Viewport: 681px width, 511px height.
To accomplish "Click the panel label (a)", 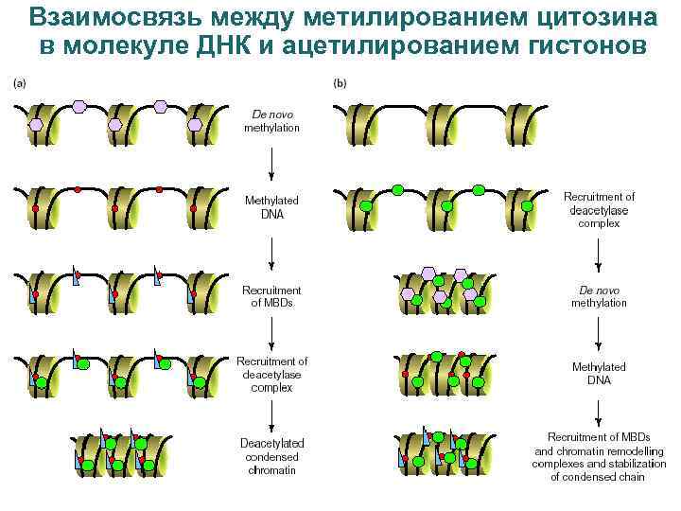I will click(x=19, y=83).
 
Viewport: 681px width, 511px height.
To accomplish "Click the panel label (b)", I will click(x=340, y=83).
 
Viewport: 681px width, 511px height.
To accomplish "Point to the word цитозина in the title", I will click(x=588, y=17).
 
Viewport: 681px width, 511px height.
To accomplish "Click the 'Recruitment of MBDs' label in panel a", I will click(x=271, y=296).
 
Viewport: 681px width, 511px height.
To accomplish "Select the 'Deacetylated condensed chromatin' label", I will click(x=271, y=455).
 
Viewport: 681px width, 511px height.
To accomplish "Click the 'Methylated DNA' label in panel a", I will click(x=271, y=207).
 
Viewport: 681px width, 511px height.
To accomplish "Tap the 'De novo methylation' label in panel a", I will click(x=271, y=120).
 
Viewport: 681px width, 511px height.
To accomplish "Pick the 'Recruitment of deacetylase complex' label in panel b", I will click(x=599, y=210).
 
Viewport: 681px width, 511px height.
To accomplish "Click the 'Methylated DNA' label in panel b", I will click(x=599, y=373).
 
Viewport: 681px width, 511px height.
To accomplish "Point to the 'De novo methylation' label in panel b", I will click(x=599, y=296).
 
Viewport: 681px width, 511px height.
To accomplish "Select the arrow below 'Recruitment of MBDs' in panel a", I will click(x=271, y=332).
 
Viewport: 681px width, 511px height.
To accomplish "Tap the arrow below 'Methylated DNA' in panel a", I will click(x=271, y=251).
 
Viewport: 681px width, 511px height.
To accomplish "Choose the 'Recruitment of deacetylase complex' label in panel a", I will click(x=271, y=374).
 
